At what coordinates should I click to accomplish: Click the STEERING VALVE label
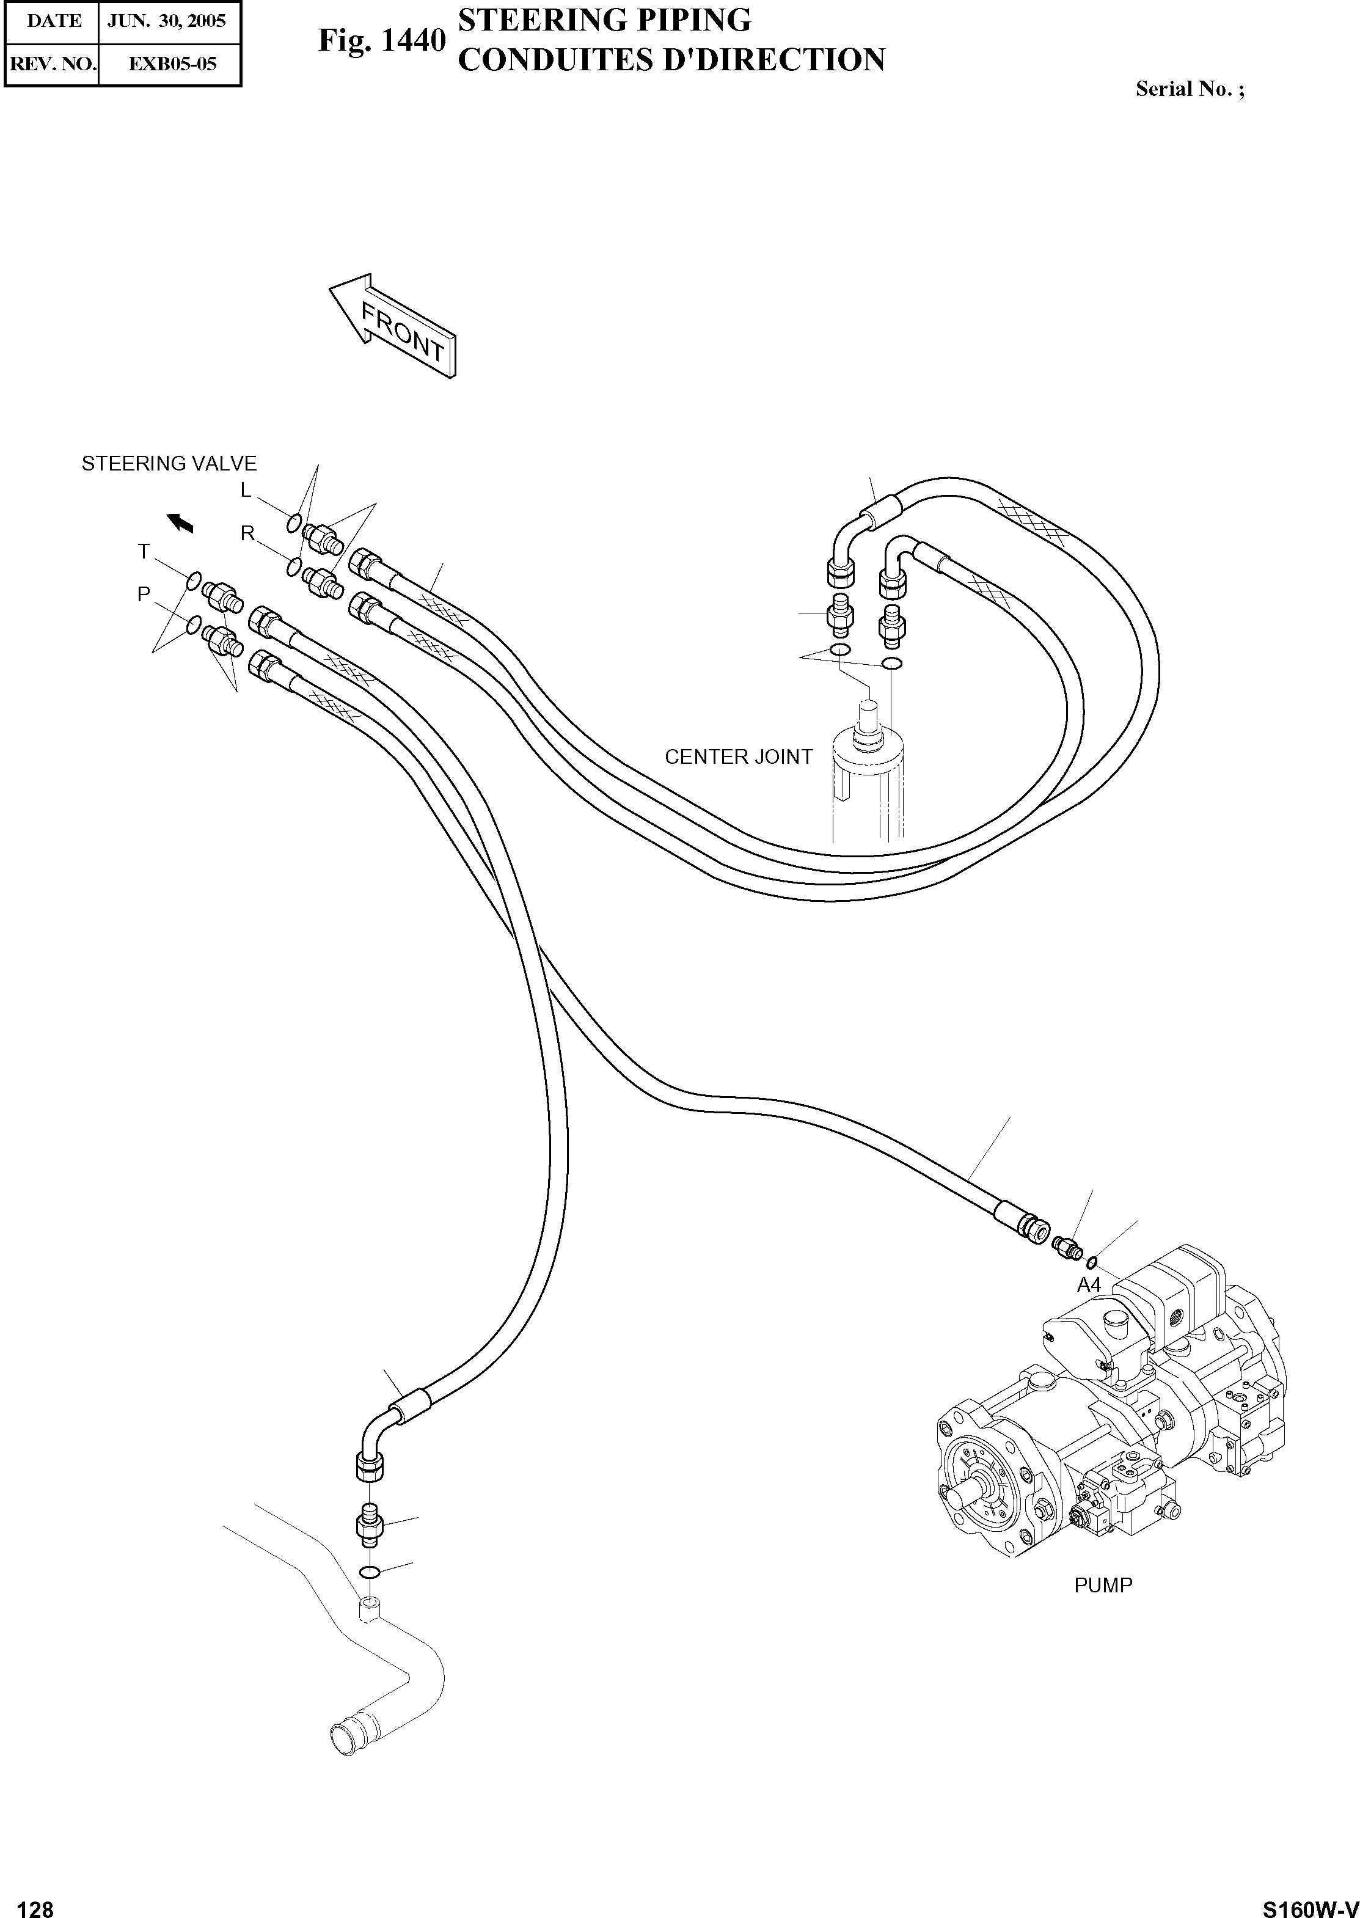click(x=169, y=463)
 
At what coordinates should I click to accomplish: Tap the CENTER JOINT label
click(x=738, y=756)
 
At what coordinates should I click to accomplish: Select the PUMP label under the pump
click(x=1103, y=1586)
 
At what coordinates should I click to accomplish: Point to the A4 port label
click(x=1089, y=1285)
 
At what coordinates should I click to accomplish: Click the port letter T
click(x=144, y=551)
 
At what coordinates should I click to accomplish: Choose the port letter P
click(x=144, y=594)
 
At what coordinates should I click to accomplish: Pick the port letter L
click(x=246, y=491)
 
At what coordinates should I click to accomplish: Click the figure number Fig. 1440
click(x=381, y=40)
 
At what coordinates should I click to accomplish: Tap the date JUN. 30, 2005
click(x=167, y=21)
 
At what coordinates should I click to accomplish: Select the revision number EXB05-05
click(x=171, y=64)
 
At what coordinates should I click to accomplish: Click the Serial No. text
click(x=1189, y=89)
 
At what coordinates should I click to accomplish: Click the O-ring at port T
click(x=194, y=580)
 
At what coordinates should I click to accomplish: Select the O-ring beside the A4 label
click(x=1091, y=1262)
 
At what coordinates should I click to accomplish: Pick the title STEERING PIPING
click(x=605, y=21)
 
